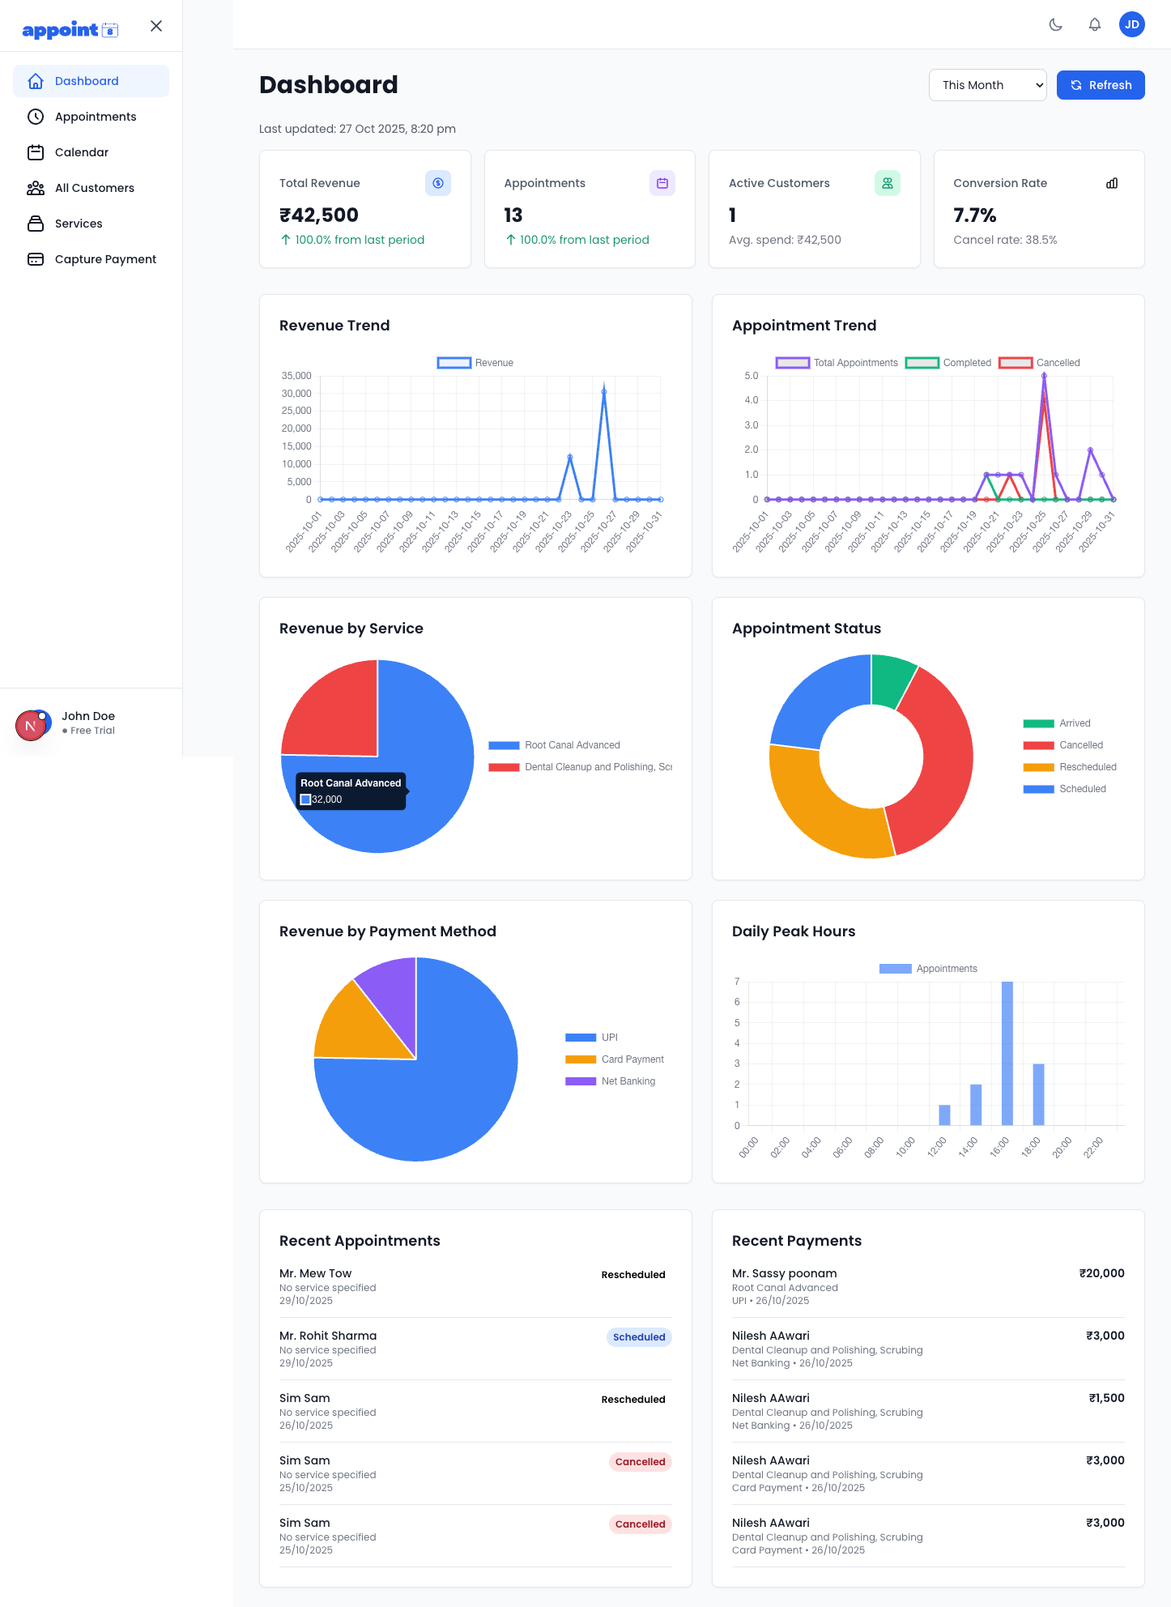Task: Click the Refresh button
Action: (x=1100, y=85)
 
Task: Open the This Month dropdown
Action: (x=987, y=85)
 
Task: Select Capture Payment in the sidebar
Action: (x=105, y=259)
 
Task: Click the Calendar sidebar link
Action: (x=81, y=152)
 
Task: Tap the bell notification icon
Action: (x=1094, y=24)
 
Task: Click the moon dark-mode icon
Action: (x=1055, y=24)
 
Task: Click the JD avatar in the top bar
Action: (x=1131, y=24)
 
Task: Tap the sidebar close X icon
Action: (x=156, y=26)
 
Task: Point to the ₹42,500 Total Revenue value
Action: (x=319, y=215)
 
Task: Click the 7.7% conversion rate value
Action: (x=974, y=215)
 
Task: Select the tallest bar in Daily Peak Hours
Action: (x=1007, y=1053)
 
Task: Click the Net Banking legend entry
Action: (x=628, y=1081)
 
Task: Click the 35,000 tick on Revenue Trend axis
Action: (x=296, y=376)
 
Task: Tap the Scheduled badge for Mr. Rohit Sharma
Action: (x=638, y=1337)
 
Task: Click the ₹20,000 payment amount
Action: (x=1101, y=1273)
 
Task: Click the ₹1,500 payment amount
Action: (x=1106, y=1398)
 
